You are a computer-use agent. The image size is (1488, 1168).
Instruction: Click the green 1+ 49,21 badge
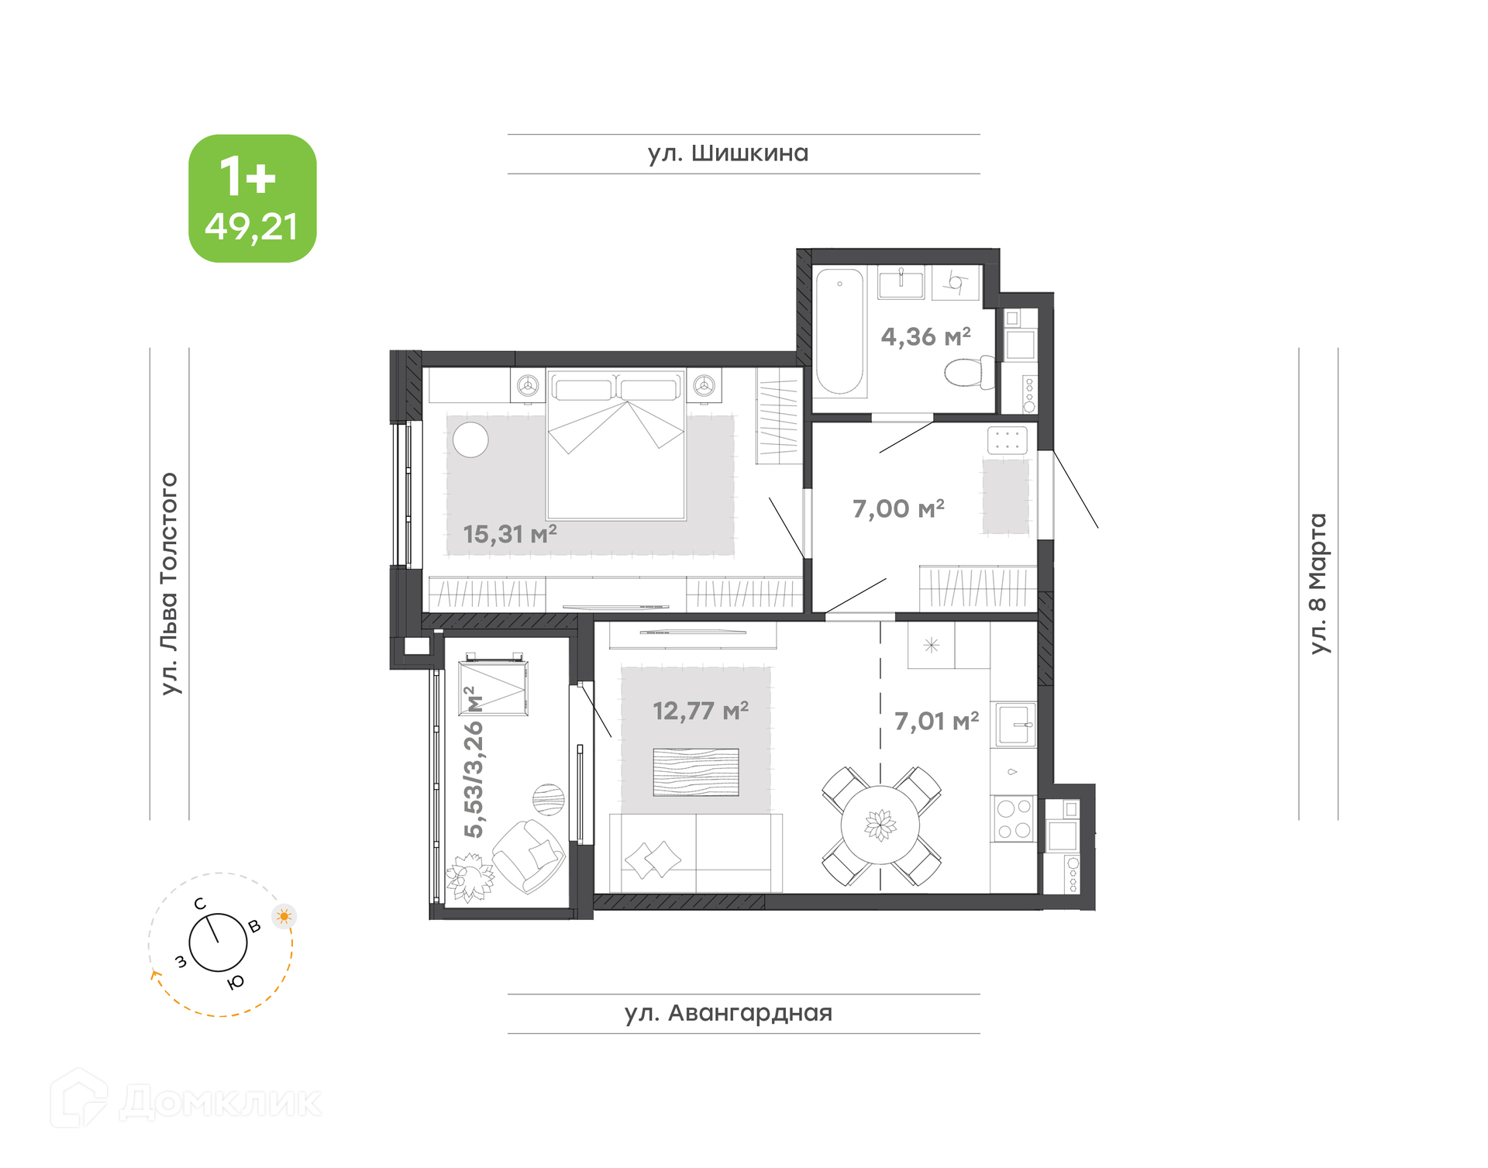click(253, 198)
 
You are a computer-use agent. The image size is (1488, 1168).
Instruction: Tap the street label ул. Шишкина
click(728, 153)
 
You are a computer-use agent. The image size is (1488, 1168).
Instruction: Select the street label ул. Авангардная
click(728, 1013)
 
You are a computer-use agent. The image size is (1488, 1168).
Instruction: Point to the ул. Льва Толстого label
click(169, 584)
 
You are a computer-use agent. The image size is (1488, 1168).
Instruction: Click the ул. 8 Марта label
click(1318, 584)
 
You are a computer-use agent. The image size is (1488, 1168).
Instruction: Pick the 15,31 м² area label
click(510, 533)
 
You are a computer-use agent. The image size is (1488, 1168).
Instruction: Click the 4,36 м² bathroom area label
click(926, 336)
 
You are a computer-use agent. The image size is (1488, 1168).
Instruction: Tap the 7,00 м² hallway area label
click(898, 508)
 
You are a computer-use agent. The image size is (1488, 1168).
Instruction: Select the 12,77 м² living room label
click(701, 710)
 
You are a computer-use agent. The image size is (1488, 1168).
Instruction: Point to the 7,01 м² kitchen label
click(937, 721)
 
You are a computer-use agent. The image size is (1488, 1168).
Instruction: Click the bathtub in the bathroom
click(839, 332)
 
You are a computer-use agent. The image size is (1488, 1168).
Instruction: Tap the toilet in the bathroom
click(970, 372)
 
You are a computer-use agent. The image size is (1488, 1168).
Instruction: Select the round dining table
click(880, 825)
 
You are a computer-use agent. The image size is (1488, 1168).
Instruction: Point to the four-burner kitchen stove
click(1014, 819)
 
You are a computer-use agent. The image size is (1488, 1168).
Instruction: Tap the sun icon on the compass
click(284, 916)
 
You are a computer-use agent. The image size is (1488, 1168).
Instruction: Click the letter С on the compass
click(200, 904)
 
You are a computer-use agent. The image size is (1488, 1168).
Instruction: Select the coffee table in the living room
click(696, 772)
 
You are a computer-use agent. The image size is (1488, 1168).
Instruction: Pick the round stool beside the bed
click(470, 439)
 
